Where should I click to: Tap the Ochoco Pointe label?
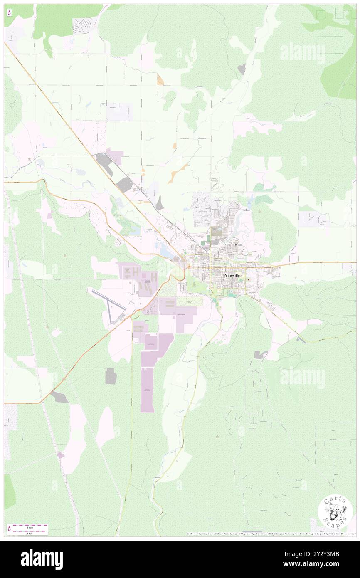[233, 245]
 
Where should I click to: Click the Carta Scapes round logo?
[335, 512]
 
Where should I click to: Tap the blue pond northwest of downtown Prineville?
[165, 249]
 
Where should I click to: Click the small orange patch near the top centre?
[160, 79]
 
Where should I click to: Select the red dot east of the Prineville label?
[249, 279]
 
